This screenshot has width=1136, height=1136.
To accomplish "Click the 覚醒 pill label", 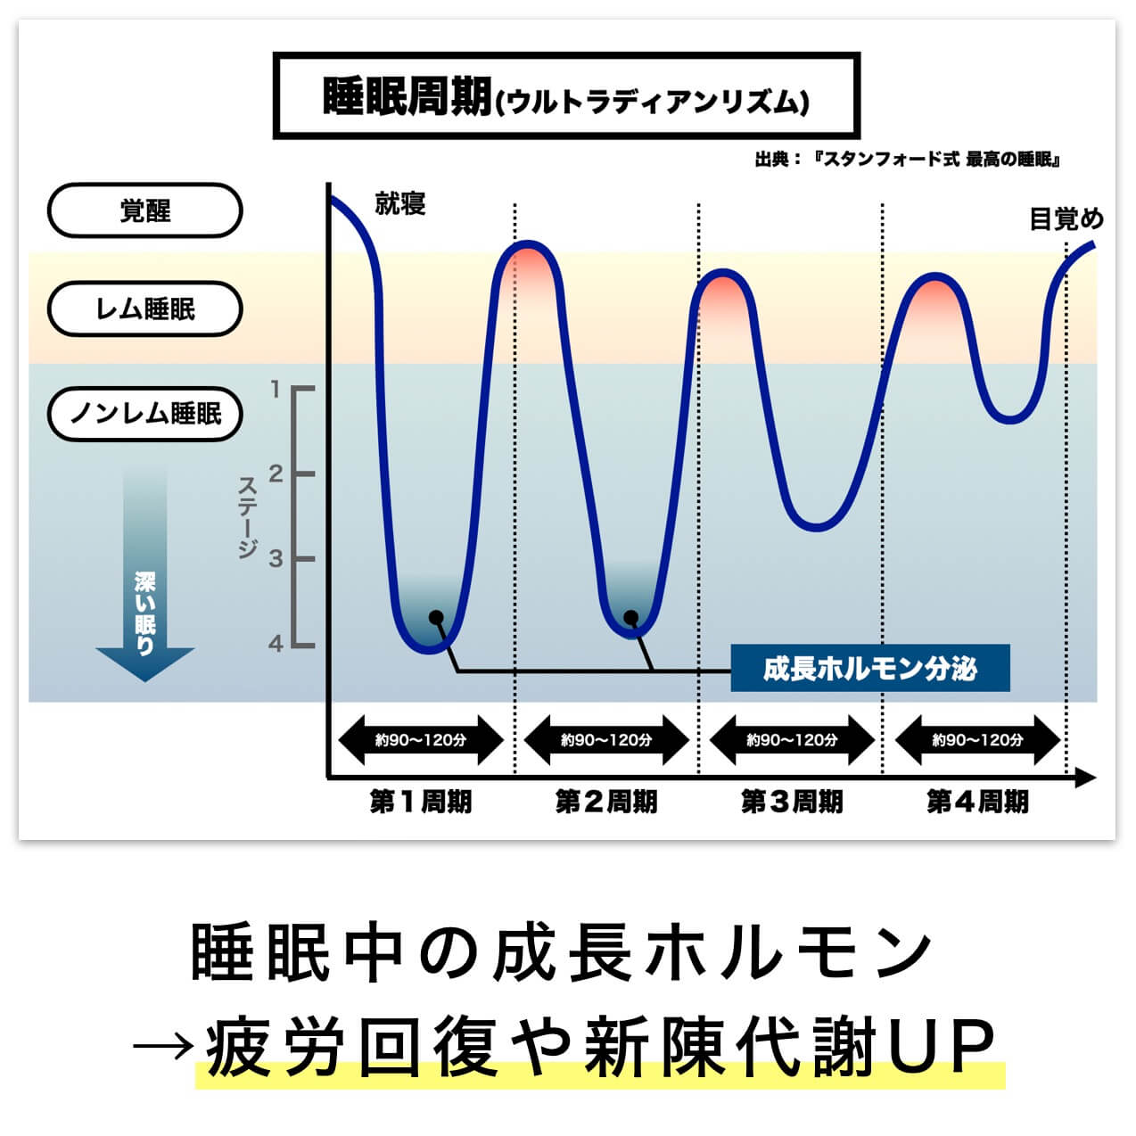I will point(144,211).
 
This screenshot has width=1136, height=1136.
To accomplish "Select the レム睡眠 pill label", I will point(144,309).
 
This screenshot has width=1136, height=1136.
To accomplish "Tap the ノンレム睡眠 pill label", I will point(144,414).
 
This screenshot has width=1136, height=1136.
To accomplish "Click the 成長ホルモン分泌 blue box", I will point(869,668).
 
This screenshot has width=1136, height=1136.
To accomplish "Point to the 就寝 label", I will point(400,204).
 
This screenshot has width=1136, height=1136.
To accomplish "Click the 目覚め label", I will point(1066,219).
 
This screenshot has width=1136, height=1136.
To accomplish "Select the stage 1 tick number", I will point(276,390).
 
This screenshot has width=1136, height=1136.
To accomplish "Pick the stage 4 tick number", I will point(276,643).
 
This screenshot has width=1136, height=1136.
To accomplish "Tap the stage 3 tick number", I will point(276,559).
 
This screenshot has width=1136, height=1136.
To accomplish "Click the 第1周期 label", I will point(420,802).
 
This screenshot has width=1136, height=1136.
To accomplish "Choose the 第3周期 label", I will point(791,802).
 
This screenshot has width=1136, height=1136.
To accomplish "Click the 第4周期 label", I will point(977,802).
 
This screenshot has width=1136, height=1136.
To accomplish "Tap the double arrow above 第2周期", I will point(606,740).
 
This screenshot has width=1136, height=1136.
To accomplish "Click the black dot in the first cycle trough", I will point(435,617).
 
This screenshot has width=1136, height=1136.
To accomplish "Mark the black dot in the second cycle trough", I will point(630,617).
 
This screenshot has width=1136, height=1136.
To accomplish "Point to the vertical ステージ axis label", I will point(248,517).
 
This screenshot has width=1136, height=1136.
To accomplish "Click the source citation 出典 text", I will point(906,160).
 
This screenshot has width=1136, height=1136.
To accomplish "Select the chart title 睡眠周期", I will point(407,95).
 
